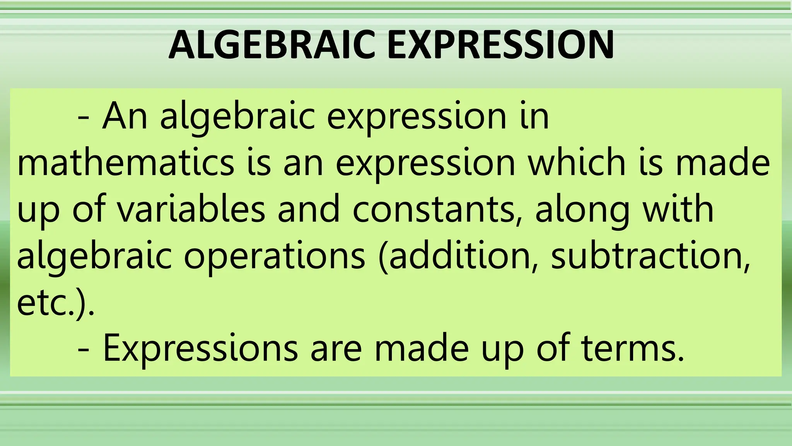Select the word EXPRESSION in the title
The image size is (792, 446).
pyautogui.click(x=500, y=45)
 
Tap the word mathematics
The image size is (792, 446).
pyautogui.click(x=126, y=163)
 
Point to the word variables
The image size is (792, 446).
pyautogui.click(x=191, y=209)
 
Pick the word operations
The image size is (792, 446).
pyautogui.click(x=274, y=256)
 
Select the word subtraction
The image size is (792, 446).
pyautogui.click(x=650, y=256)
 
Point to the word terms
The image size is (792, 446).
pyautogui.click(x=633, y=348)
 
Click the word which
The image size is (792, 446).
pyautogui.click(x=577, y=163)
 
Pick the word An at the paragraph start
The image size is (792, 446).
pyautogui.click(x=125, y=116)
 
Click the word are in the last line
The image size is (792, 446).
pyautogui.click(x=336, y=348)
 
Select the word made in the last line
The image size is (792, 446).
pyautogui.click(x=422, y=348)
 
